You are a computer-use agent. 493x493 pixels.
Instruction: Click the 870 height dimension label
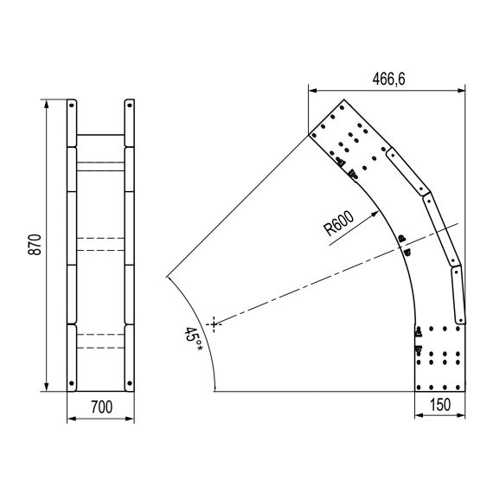(x=35, y=245)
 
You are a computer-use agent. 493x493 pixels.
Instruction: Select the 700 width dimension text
(x=101, y=407)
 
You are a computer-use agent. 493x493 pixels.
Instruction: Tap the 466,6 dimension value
(x=388, y=79)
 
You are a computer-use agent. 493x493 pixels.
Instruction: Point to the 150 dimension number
(x=440, y=405)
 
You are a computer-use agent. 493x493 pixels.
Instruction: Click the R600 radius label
(x=339, y=222)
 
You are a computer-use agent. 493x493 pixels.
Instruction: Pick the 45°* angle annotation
(x=193, y=339)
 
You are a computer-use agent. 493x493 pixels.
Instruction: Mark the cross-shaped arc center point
(x=214, y=324)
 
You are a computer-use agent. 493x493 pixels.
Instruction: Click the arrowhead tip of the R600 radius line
(x=379, y=212)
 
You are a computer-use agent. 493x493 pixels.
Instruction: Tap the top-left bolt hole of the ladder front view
(x=72, y=106)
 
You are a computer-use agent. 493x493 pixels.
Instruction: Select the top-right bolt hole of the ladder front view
(x=130, y=106)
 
